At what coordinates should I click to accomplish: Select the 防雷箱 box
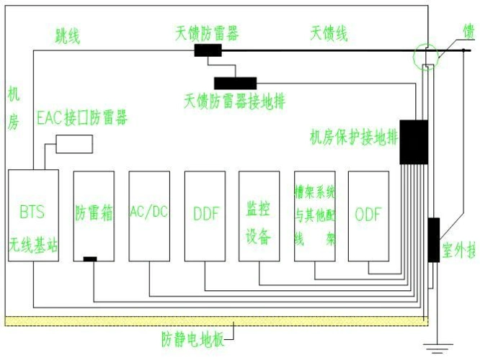pos(94,216)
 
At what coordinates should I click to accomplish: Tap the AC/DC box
pos(148,216)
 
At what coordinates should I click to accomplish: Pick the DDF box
pos(205,216)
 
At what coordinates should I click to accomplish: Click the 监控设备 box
pos(259,216)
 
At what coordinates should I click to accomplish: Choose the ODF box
pos(368,216)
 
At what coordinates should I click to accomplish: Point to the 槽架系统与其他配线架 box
pos(315,216)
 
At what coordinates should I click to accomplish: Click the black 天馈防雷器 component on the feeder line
pos(208,50)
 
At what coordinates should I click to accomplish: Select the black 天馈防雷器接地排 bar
pos(235,83)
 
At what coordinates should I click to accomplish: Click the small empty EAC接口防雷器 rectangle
pos(74,143)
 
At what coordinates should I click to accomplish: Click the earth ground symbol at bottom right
pos(435,349)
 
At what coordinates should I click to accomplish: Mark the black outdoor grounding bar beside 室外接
pos(433,240)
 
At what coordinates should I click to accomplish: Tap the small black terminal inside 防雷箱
pos(90,258)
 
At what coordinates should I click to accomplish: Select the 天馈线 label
pos(329,33)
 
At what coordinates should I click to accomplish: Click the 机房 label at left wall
pos(14,108)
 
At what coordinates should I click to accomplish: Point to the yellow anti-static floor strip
pos(216,321)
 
